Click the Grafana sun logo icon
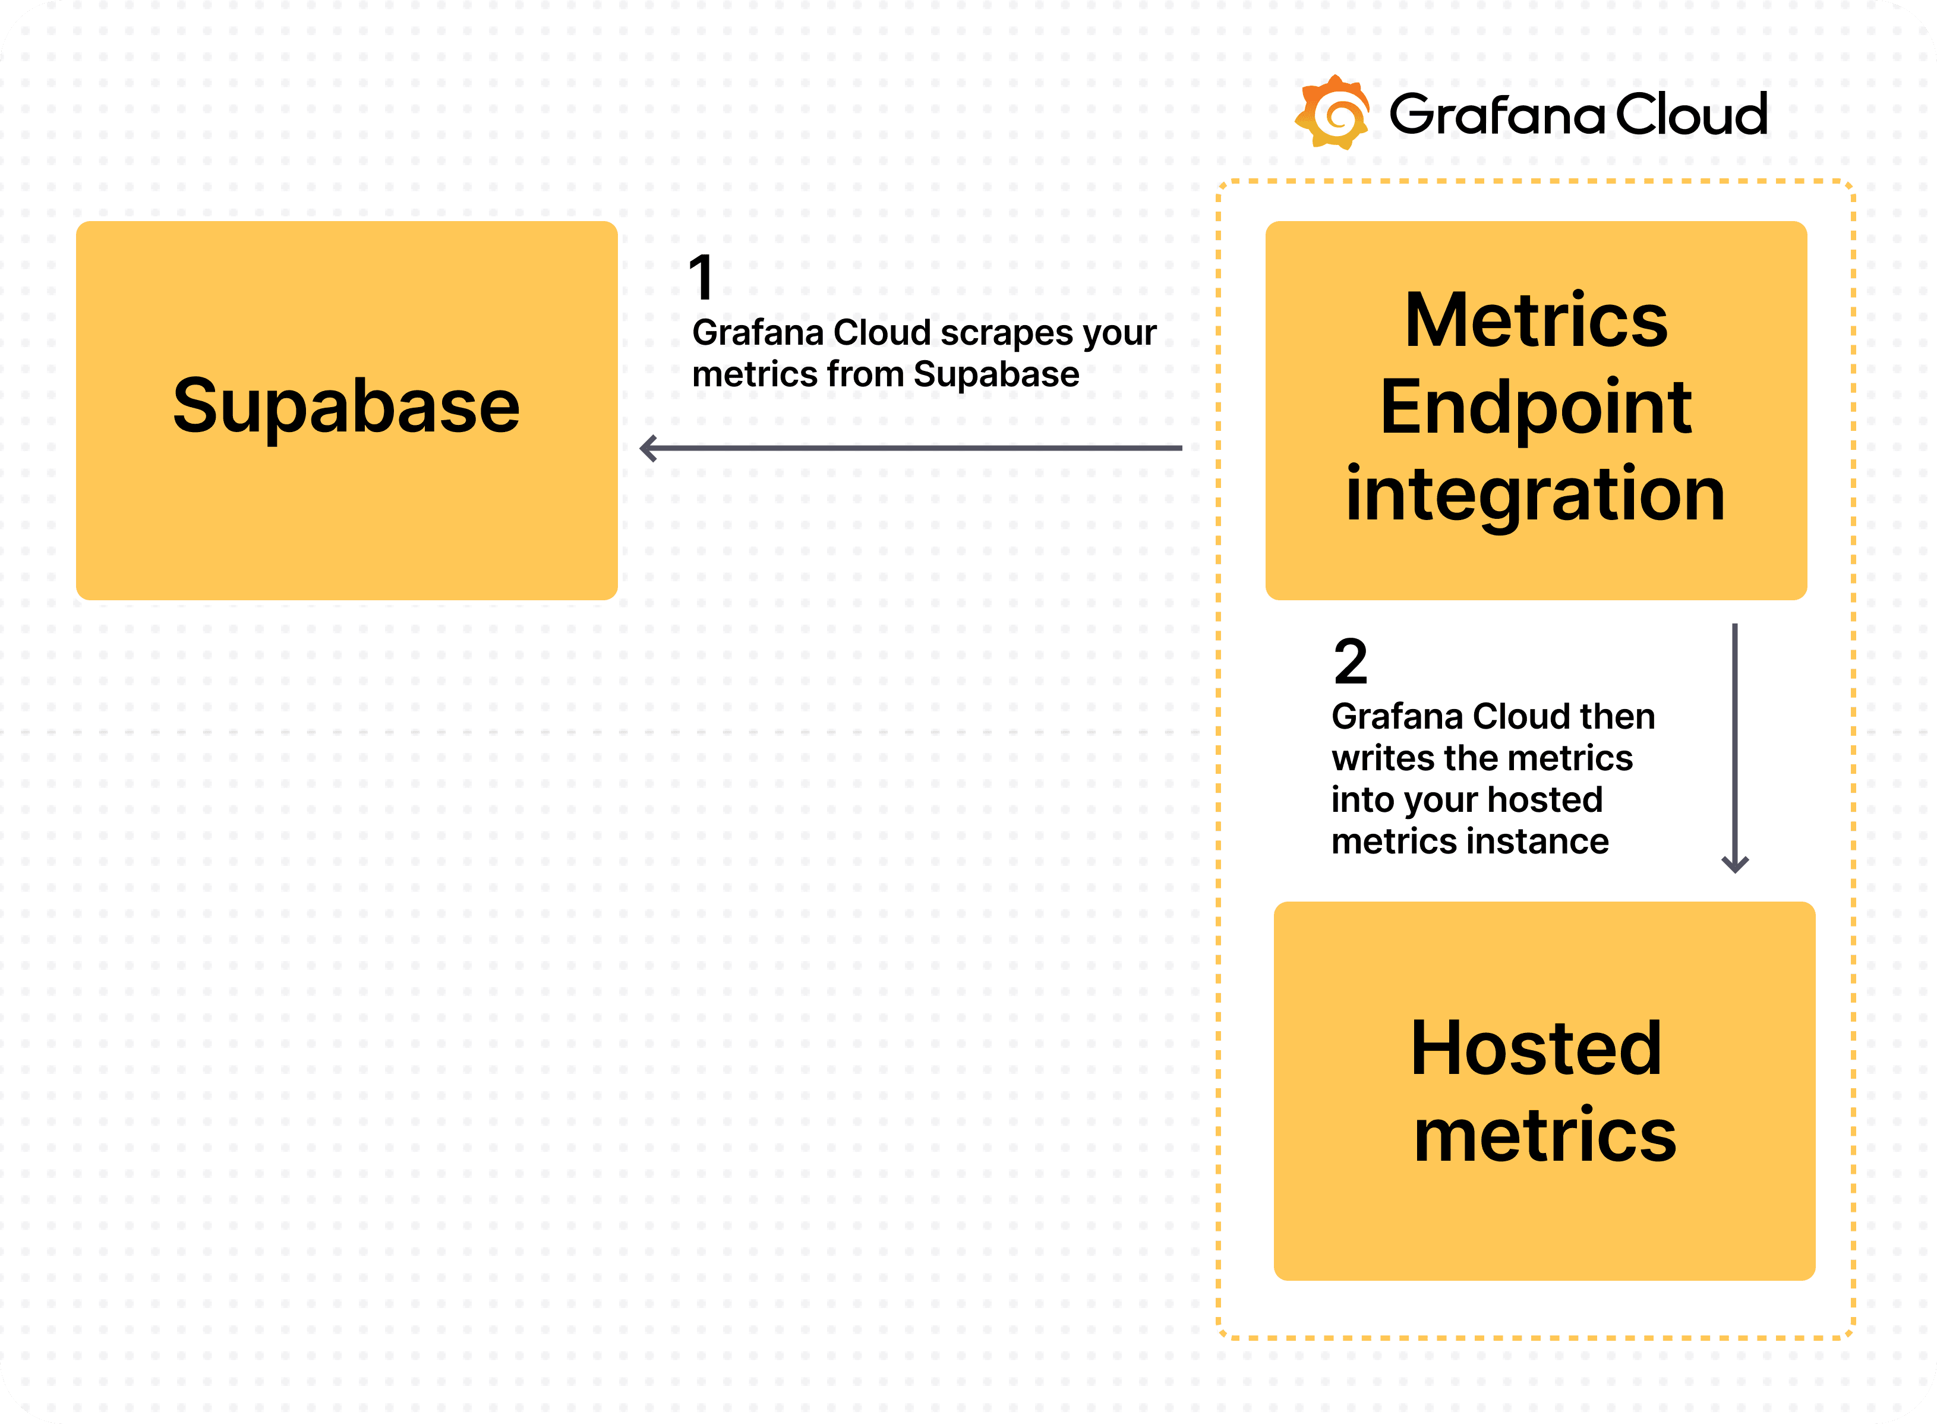pos(1333,113)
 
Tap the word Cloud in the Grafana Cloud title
pos(1690,115)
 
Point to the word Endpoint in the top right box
pos(1535,408)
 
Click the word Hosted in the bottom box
pos(1535,1048)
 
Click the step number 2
pos(1350,662)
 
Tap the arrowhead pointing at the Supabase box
pos(649,448)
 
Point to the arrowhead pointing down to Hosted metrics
pos(1734,865)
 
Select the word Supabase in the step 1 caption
pos(996,374)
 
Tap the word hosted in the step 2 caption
pos(1545,800)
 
